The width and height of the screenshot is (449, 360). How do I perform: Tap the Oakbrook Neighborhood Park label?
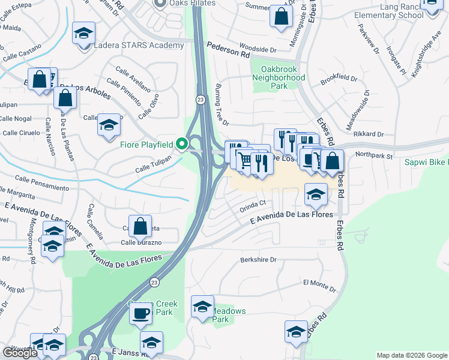[279, 77]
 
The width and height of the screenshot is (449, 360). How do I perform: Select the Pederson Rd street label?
[228, 50]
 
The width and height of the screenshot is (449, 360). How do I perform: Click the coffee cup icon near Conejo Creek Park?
[140, 313]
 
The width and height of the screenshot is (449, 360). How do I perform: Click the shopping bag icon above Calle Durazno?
[140, 227]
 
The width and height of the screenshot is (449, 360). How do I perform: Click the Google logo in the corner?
[20, 353]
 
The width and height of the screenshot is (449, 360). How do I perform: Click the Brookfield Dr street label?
[339, 79]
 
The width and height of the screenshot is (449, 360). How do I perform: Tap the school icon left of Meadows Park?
[202, 307]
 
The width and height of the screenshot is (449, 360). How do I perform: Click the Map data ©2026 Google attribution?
[411, 355]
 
